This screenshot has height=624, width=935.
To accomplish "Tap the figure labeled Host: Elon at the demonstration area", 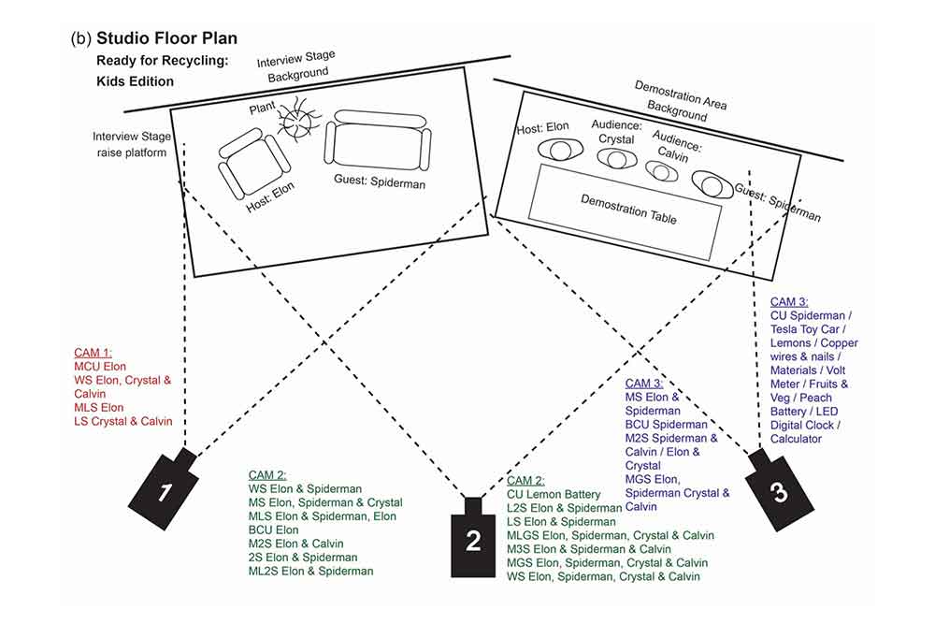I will click(x=559, y=150).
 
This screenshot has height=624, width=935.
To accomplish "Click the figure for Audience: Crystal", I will click(x=614, y=157).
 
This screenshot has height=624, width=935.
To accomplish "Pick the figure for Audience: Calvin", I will click(x=663, y=170).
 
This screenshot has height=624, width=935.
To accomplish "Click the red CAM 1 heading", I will click(x=93, y=353).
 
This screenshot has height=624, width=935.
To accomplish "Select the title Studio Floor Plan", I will click(x=166, y=38).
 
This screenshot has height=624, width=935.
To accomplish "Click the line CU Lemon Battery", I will click(x=554, y=493).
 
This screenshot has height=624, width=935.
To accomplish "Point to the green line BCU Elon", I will click(x=274, y=530).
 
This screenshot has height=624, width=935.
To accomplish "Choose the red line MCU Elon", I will click(x=100, y=367).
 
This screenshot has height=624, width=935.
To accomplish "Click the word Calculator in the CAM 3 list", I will click(x=796, y=439).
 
